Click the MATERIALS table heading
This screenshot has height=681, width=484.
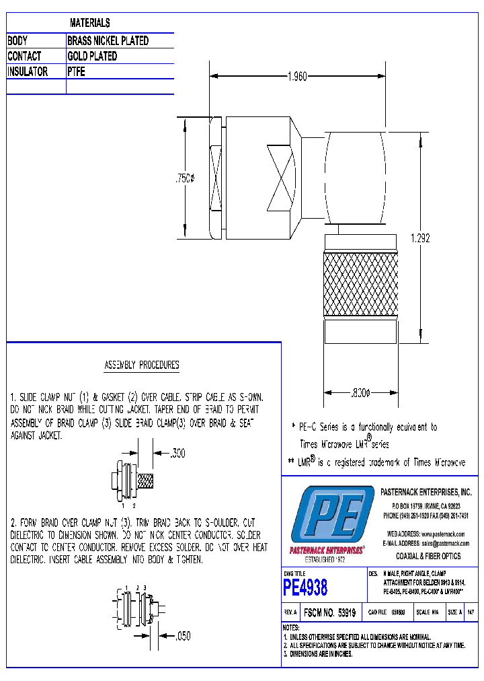pos(89,24)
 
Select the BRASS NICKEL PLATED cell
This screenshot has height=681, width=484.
pos(108,41)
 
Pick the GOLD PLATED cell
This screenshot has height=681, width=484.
pos(92,57)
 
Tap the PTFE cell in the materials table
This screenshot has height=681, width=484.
pos(77,71)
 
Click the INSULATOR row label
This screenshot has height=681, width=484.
pos(28,71)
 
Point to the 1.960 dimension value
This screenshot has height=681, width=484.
pos(296,77)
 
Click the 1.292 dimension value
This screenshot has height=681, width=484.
pos(419,238)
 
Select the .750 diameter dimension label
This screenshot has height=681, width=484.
pos(184,178)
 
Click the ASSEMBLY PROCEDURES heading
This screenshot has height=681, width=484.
pos(142,365)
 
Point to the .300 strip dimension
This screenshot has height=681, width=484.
pos(177,454)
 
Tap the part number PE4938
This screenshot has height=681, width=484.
pos(306,587)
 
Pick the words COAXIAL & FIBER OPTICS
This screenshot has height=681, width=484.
pos(428,556)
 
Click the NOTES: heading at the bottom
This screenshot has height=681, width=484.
pos(291,627)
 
